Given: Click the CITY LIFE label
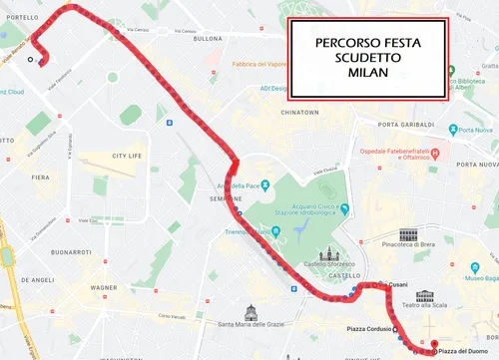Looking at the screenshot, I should click(128, 157).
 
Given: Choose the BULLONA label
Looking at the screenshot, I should click(208, 39).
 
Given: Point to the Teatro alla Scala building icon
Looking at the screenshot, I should click(426, 296).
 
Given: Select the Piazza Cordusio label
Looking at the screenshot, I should click(368, 328).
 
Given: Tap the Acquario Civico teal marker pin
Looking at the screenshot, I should click(343, 208).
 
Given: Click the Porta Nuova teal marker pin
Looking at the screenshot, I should click(453, 130).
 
